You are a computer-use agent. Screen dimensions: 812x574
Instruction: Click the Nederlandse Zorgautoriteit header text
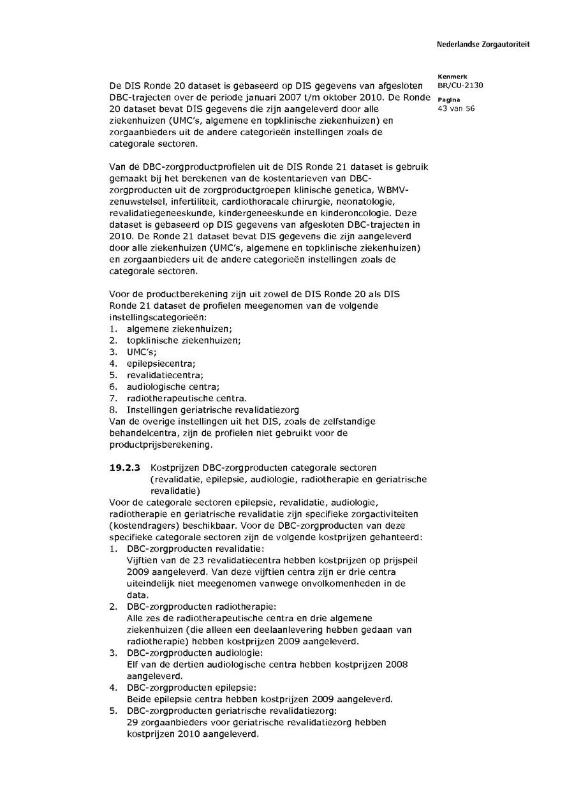483,45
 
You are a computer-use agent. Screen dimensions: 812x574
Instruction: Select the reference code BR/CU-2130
456,85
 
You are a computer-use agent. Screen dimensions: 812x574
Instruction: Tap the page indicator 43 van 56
456,108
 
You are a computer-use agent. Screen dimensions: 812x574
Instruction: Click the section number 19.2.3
125,468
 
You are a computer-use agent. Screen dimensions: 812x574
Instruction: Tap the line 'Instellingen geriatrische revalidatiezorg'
212,410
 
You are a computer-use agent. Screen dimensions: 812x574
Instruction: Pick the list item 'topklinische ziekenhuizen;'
184,340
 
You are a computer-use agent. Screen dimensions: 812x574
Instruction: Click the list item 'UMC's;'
142,351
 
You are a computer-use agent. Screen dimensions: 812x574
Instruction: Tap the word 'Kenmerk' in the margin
452,77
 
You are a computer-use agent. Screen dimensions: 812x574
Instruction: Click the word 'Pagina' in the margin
449,100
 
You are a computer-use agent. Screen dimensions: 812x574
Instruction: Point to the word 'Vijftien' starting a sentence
142,560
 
